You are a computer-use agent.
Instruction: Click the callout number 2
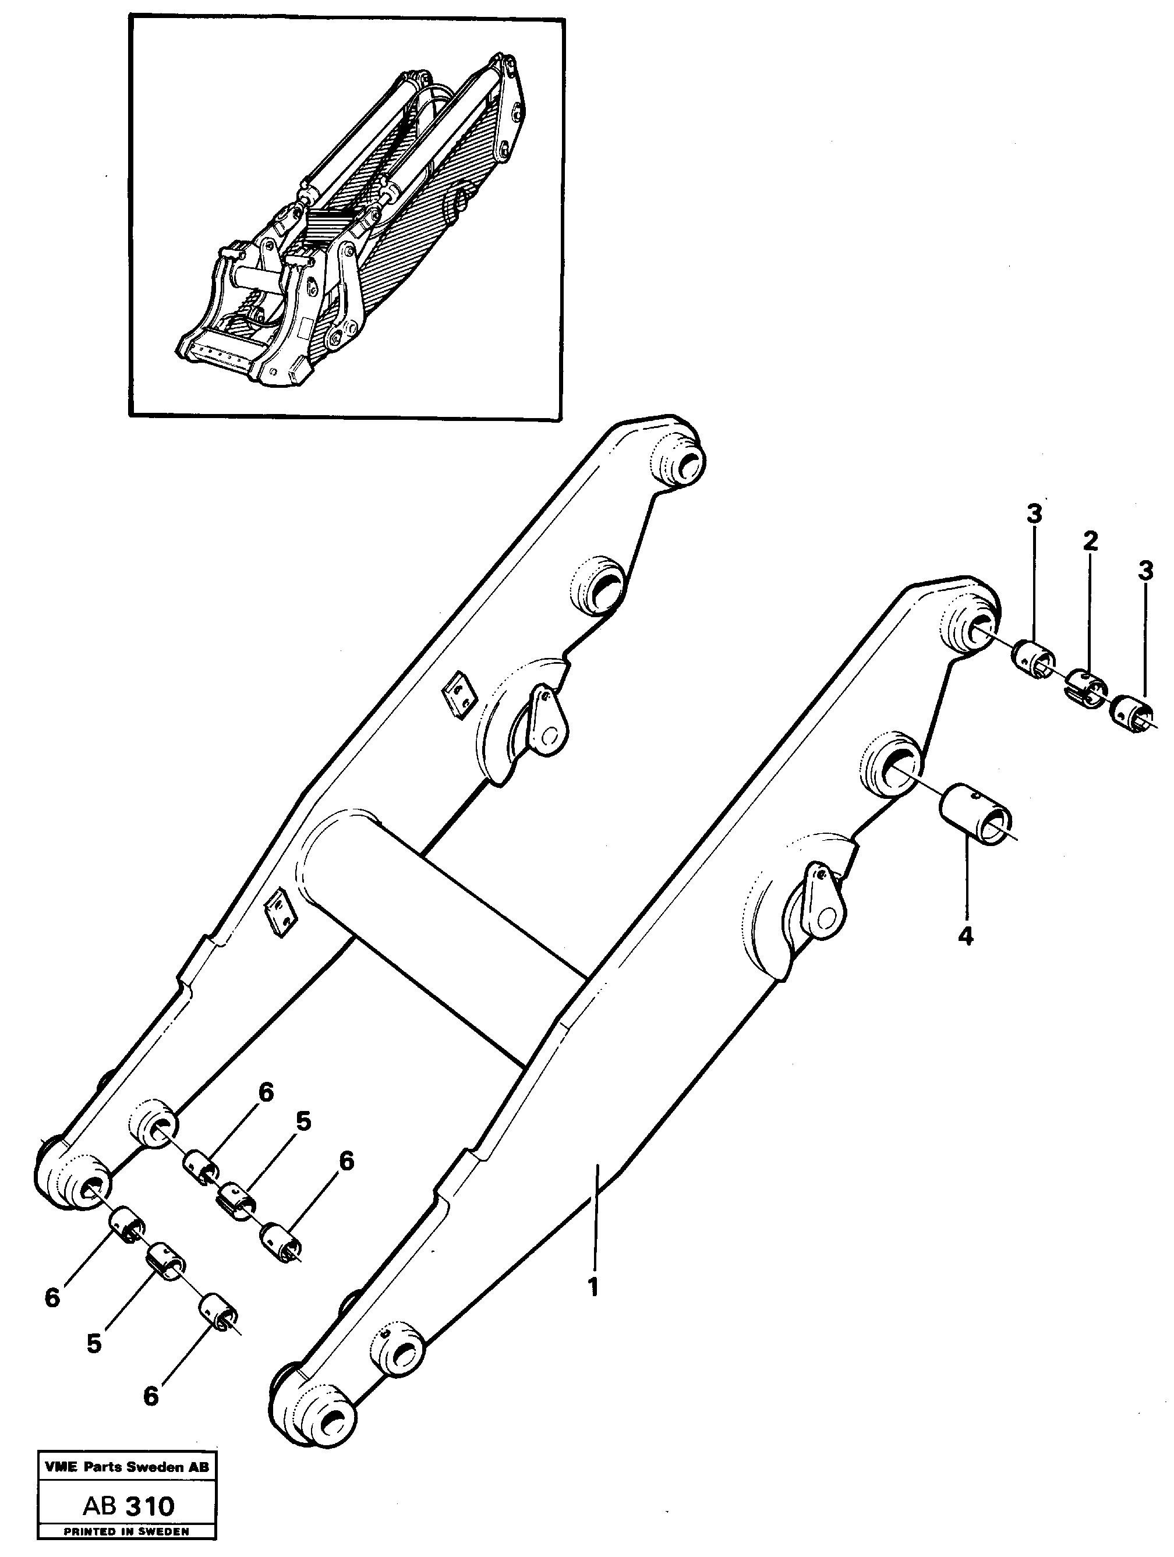point(1090,542)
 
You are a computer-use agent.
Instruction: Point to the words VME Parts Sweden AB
point(127,1467)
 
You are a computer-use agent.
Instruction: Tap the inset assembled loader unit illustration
point(345,218)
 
